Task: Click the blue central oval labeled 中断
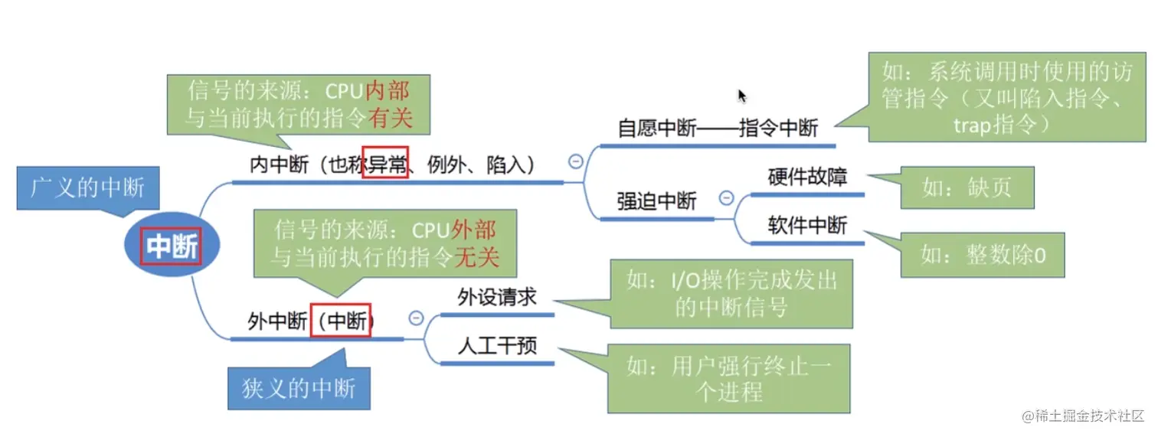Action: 172,246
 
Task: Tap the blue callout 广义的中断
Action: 87,188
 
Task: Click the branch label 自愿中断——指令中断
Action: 718,129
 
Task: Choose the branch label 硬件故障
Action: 807,178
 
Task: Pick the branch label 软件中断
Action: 807,226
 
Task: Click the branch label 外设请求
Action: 496,297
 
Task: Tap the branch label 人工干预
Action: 496,346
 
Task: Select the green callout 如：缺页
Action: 967,188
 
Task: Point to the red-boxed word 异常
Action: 384,163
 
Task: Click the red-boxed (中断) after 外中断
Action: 341,320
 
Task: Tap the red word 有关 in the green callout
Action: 389,119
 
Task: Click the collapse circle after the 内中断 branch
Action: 575,161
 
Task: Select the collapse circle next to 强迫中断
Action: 726,198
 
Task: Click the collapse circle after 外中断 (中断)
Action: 416,318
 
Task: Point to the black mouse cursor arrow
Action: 741,96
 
